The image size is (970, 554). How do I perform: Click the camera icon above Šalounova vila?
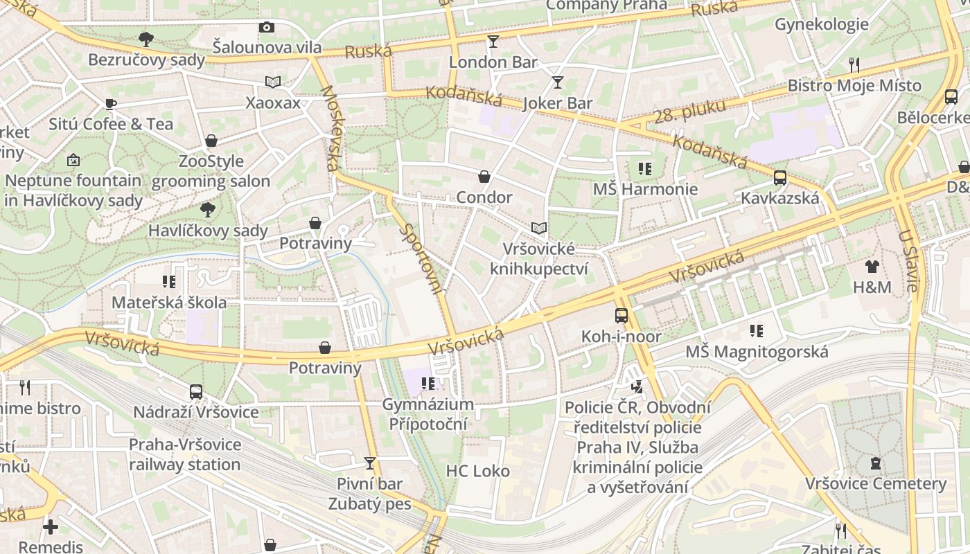(267, 27)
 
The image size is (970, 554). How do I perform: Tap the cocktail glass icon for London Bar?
(493, 42)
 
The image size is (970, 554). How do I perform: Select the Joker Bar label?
(558, 103)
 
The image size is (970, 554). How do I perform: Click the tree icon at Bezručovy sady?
(145, 39)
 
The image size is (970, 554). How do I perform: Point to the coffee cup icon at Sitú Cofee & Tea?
(110, 104)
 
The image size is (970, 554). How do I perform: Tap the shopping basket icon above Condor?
(484, 177)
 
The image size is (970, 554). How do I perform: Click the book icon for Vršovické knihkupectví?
(538, 228)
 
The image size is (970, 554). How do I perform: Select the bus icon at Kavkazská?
(780, 178)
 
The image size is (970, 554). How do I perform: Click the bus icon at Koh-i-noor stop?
(621, 316)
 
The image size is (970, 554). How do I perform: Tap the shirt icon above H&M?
(872, 266)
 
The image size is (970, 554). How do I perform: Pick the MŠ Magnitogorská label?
(757, 352)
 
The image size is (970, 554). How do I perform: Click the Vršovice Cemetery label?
(875, 483)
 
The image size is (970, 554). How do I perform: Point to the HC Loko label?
(477, 471)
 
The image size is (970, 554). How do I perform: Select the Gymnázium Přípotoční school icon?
(428, 384)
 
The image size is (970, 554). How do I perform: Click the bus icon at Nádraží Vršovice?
(196, 392)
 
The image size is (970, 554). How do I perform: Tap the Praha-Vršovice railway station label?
(184, 454)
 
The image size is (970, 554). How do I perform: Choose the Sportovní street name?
(422, 260)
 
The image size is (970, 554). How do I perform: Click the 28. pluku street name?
(689, 111)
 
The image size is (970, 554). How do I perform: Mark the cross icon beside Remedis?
(50, 526)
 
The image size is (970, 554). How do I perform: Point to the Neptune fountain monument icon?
(73, 161)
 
